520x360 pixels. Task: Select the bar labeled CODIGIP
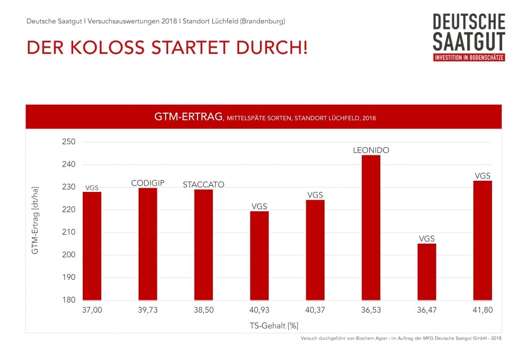point(147,244)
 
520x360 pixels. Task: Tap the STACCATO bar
point(203,244)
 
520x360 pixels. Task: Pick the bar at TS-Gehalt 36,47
point(427,272)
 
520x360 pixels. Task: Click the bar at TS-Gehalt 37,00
point(92,246)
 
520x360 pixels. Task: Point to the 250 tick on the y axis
point(68,142)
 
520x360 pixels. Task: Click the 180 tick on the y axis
point(68,300)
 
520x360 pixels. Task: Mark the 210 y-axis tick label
point(68,232)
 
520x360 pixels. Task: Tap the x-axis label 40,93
point(259,310)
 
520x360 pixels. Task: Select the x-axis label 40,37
point(315,310)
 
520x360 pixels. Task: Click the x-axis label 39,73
point(147,310)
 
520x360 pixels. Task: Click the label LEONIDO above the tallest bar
point(371,150)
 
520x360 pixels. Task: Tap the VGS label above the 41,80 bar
point(482,176)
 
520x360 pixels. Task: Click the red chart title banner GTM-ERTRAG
point(264,117)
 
